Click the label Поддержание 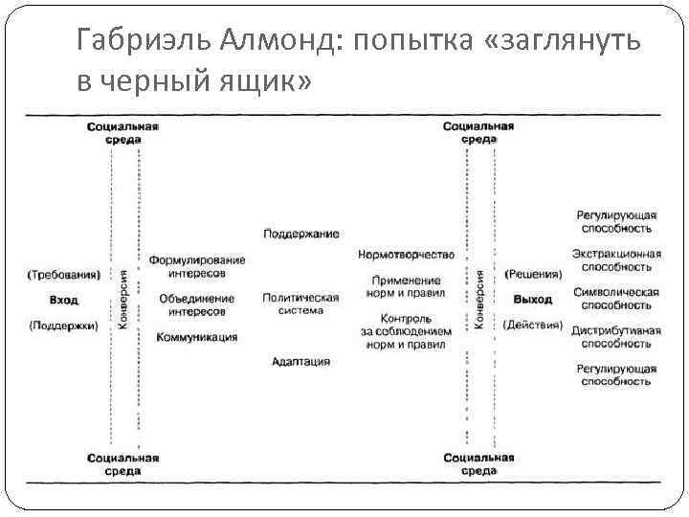(301, 234)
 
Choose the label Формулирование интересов (197, 266)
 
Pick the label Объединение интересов (197, 304)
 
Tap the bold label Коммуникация (197, 338)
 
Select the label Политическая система (301, 303)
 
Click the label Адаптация (301, 361)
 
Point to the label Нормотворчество (406, 255)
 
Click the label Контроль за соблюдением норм (406, 331)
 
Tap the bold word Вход (64, 299)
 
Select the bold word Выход (533, 299)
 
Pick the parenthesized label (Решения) (533, 275)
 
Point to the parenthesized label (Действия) (533, 325)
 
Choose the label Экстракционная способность (616, 260)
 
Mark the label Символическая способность (616, 298)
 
